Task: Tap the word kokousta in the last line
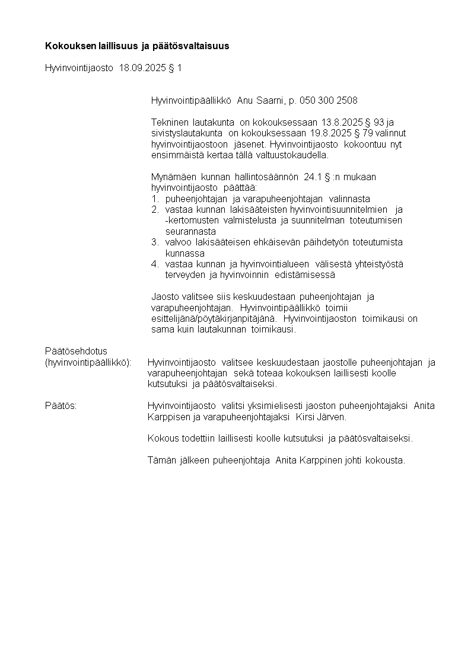coord(385,461)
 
